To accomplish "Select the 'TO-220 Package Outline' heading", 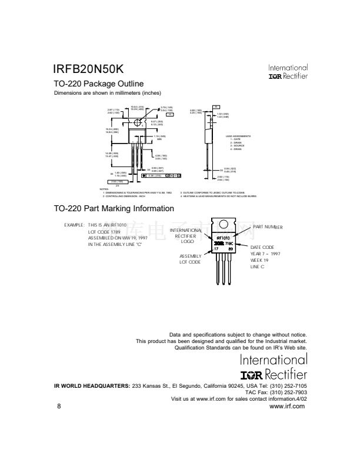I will (x=98, y=84).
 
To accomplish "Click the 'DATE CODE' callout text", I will (x=262, y=247).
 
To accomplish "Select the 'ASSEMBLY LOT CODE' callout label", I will (x=191, y=259).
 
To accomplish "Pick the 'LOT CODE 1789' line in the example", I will (x=104, y=232).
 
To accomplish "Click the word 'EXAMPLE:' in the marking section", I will (x=74, y=225).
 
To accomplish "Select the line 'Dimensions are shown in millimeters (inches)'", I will (x=108, y=94).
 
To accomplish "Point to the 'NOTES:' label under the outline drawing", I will (x=105, y=189).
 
